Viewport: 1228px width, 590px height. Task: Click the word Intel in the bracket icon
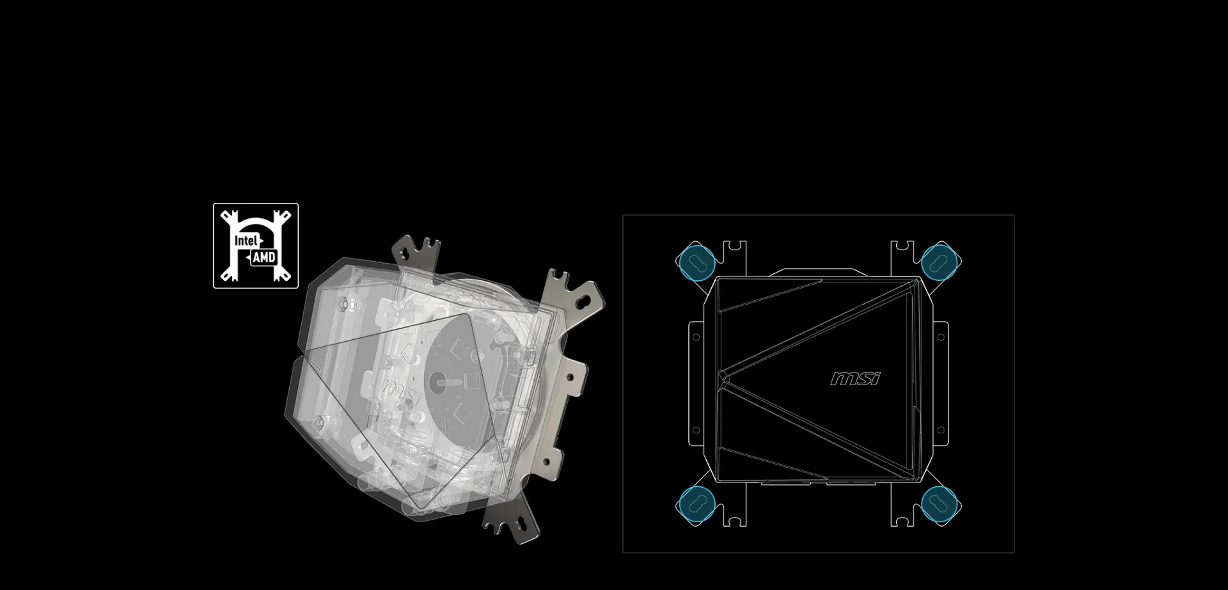(x=246, y=241)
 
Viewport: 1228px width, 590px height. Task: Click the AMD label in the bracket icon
(x=264, y=257)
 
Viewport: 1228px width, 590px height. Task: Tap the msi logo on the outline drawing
(x=855, y=379)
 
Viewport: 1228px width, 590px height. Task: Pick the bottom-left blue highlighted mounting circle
(x=696, y=503)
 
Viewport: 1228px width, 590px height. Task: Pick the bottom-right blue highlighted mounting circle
(x=939, y=503)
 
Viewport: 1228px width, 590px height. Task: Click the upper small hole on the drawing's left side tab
(x=696, y=337)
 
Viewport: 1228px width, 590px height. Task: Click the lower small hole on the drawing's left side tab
(x=696, y=430)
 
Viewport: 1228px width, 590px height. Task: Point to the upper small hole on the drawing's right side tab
(x=941, y=337)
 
